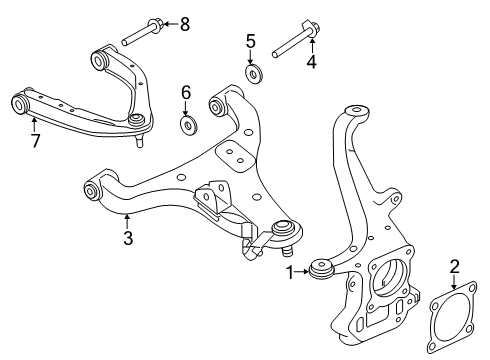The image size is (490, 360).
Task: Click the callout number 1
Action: (x=291, y=271)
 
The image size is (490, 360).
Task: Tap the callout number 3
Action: (x=127, y=238)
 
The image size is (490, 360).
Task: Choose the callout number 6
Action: (x=186, y=92)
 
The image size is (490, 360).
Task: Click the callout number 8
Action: (x=184, y=23)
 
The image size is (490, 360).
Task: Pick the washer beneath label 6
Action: (x=186, y=126)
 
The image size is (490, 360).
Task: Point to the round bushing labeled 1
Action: (x=322, y=270)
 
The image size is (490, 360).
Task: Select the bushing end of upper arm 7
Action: (x=19, y=103)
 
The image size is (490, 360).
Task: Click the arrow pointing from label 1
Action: (x=303, y=271)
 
